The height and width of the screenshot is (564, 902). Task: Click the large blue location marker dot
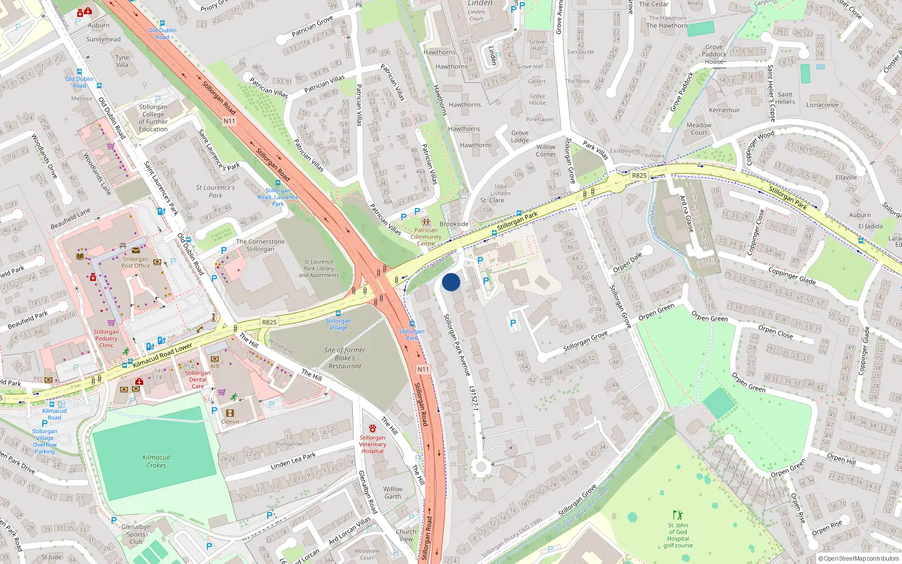point(451,282)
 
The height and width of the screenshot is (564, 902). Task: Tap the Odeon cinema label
point(230,421)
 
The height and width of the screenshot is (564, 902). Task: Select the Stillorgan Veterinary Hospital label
point(373,444)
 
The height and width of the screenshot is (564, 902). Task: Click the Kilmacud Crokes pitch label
point(156,461)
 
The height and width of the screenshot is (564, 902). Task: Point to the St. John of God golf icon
point(678,515)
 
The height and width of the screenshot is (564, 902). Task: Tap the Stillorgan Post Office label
point(136,262)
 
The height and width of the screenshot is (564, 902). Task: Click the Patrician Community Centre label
point(426,237)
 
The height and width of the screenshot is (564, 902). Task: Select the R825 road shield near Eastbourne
point(639,175)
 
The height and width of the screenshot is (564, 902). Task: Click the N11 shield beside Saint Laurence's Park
point(229,121)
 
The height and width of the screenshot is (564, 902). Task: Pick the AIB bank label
point(215,366)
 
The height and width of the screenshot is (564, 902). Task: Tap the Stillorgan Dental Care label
point(197,380)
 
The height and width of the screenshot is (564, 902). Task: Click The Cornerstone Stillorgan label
point(260,245)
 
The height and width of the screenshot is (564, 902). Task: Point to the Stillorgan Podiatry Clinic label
point(106,338)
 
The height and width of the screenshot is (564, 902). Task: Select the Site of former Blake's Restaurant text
point(344,358)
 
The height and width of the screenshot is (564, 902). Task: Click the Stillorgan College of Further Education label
point(153,118)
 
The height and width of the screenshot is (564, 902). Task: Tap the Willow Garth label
point(393,493)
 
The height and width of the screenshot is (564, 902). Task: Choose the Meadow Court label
point(699,129)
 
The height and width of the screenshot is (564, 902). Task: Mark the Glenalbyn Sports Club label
point(136,534)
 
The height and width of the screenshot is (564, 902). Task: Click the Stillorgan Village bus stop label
point(338,324)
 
